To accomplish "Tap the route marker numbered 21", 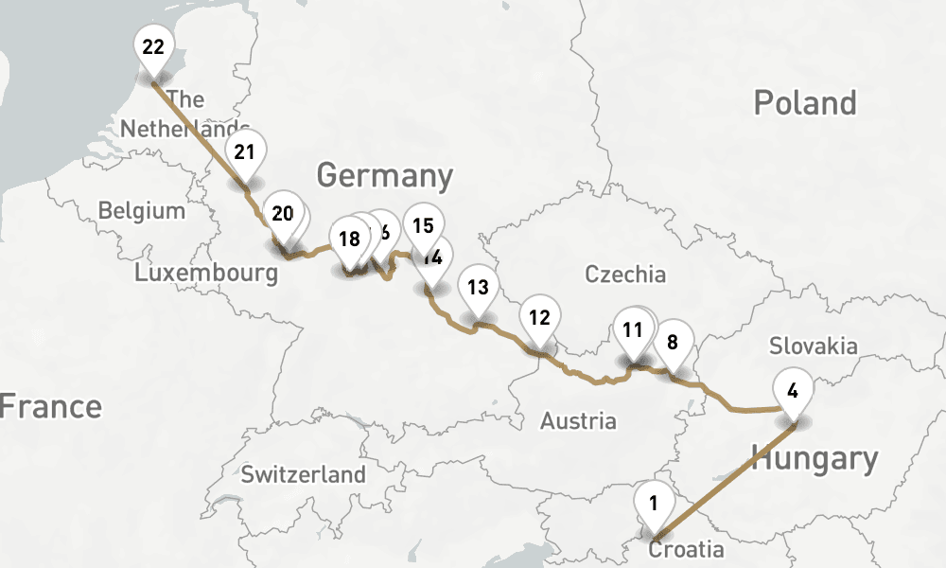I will pyautogui.click(x=245, y=151).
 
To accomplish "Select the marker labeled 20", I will pyautogui.click(x=282, y=213).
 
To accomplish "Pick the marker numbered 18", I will pyautogui.click(x=349, y=238).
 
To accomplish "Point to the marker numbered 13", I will pyautogui.click(x=478, y=287).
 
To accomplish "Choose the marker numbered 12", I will pyautogui.click(x=539, y=317).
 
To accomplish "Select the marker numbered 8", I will pyautogui.click(x=673, y=342).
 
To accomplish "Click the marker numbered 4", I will pyautogui.click(x=793, y=389).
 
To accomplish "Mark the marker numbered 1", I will pyautogui.click(x=652, y=502).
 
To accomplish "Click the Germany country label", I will pyautogui.click(x=384, y=176).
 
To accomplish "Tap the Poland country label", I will pyautogui.click(x=805, y=103).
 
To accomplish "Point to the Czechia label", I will pyautogui.click(x=625, y=275).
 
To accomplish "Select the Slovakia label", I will pyautogui.click(x=814, y=345).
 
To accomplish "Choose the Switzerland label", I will pyautogui.click(x=303, y=474).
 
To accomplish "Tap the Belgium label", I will pyautogui.click(x=141, y=210).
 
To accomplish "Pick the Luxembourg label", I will pyautogui.click(x=206, y=274).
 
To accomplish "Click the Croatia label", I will pyautogui.click(x=687, y=550).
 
